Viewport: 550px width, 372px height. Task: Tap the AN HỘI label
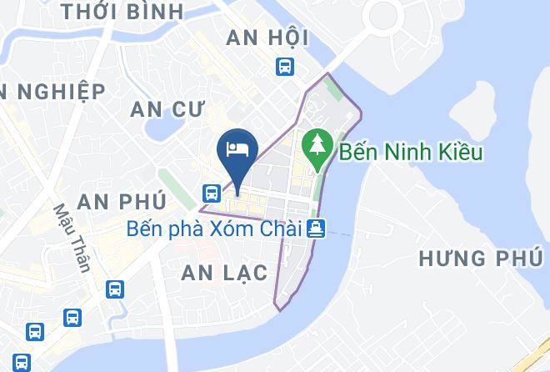pyautogui.click(x=267, y=38)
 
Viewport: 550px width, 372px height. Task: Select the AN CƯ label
pyautogui.click(x=174, y=108)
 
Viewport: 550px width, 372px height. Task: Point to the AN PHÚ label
pyautogui.click(x=122, y=201)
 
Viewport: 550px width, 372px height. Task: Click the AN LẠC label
pyautogui.click(x=224, y=273)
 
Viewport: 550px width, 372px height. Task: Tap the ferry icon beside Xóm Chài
pyautogui.click(x=316, y=227)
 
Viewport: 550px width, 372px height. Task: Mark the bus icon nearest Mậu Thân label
pyautogui.click(x=115, y=289)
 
